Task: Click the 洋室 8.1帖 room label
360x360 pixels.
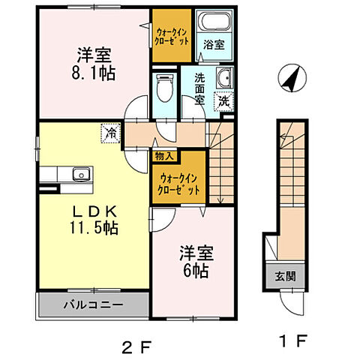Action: tap(94, 64)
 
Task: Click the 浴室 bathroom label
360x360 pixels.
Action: tap(212, 44)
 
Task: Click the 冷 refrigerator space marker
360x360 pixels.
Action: tap(110, 135)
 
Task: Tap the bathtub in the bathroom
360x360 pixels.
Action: tap(212, 22)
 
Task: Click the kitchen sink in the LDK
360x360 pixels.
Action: tap(77, 175)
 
